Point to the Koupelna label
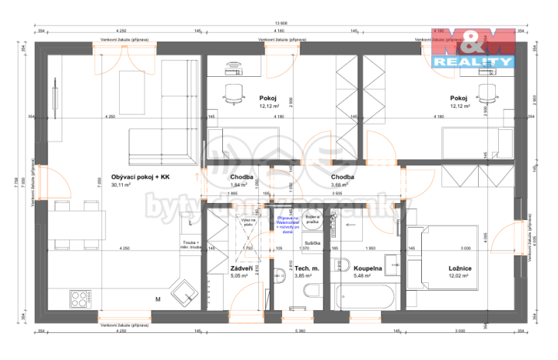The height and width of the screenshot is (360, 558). click(367, 268)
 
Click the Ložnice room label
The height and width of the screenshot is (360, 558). click(460, 268)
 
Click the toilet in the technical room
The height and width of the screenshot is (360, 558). click(312, 291)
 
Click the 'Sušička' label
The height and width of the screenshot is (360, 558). click(312, 242)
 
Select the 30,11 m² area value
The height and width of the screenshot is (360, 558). click(121, 185)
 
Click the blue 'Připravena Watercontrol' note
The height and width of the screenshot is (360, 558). click(288, 223)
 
